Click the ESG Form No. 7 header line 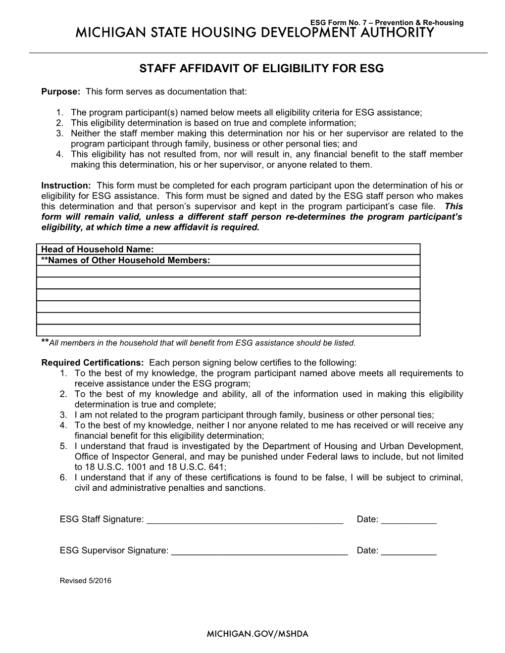pos(386,23)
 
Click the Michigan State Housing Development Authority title pos(255,33)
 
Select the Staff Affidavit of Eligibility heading pos(261,69)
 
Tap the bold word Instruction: pos(66,186)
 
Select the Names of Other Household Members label pos(125,260)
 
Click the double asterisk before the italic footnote pos(45,342)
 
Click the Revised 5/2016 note pos(86,581)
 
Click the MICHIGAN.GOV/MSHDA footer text pos(257,634)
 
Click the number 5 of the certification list pos(63,446)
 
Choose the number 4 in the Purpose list pos(59,154)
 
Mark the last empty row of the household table pos(228,330)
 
